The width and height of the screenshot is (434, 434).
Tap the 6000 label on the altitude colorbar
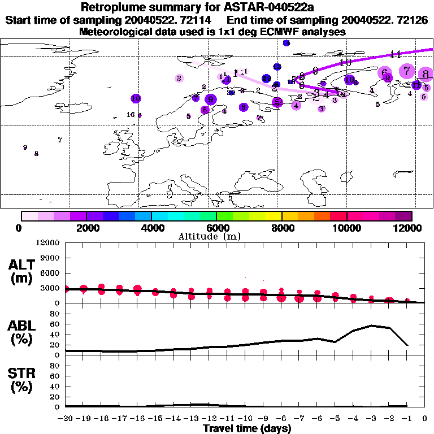point(216,228)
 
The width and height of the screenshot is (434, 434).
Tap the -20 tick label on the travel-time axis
point(66,419)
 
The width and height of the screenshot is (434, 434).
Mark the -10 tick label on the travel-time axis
point(245,419)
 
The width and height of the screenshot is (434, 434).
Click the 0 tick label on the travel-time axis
point(425,419)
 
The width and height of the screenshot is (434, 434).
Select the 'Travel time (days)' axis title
point(247,429)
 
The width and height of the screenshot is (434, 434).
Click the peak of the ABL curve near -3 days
point(371,325)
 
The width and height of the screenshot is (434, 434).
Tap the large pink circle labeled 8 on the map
point(426,73)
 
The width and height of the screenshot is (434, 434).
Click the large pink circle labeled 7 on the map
point(406,71)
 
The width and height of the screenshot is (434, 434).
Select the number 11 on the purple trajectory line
point(396,54)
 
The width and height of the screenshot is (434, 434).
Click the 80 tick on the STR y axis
point(55,365)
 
